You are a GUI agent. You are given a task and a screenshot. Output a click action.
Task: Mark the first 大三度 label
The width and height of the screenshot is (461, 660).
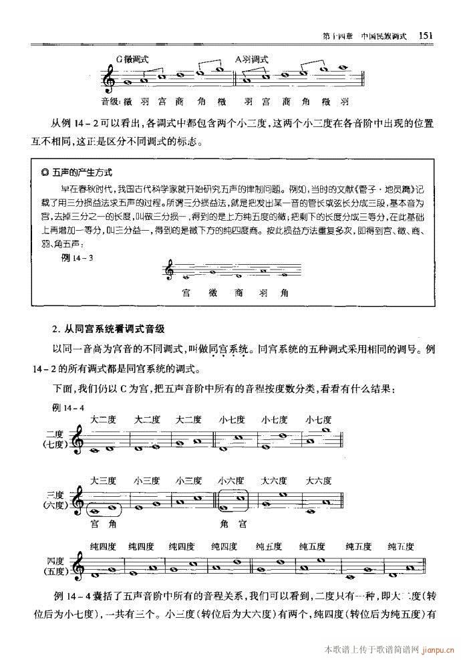click(x=104, y=480)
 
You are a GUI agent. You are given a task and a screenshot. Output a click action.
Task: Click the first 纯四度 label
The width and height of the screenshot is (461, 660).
click(x=104, y=546)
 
